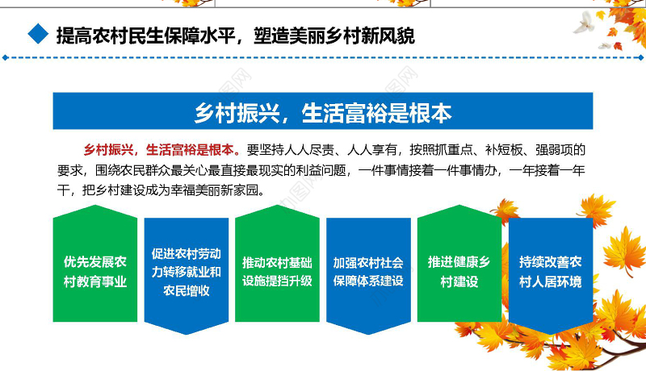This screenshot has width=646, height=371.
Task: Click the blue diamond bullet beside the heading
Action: click(x=35, y=35)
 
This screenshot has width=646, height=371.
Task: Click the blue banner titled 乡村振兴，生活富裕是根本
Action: click(x=322, y=111)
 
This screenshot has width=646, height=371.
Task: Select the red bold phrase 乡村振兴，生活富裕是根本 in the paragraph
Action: click(x=161, y=149)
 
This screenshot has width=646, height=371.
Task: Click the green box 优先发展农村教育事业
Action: click(x=95, y=272)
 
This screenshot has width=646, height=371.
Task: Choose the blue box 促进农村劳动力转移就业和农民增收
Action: click(x=187, y=272)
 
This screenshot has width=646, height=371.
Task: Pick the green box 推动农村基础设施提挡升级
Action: click(x=277, y=272)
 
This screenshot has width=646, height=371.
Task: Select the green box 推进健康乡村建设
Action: click(x=459, y=272)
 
